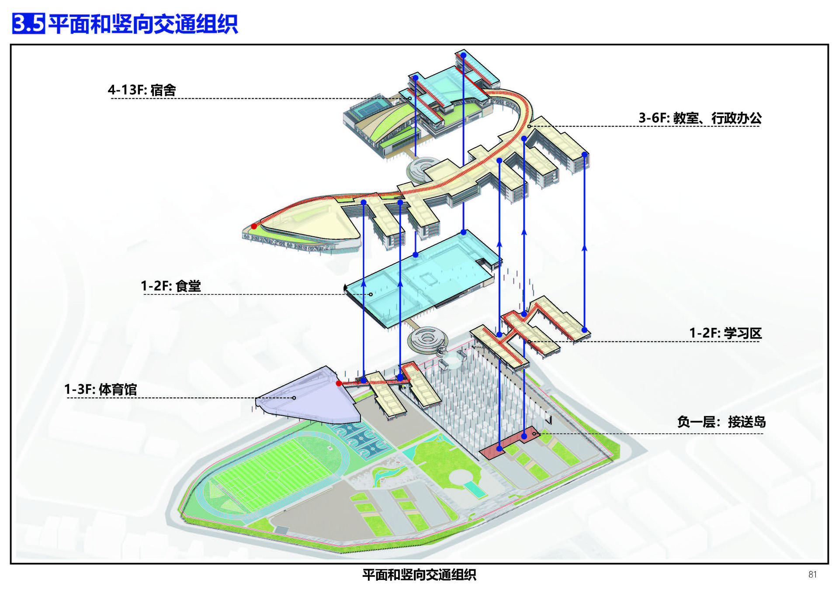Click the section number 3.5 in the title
coord(28,23)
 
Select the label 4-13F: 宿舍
coord(142,90)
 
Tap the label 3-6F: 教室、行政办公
coord(700,118)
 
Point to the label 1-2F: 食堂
coord(170,286)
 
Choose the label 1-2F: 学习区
coord(725,333)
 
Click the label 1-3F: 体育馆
coord(101,389)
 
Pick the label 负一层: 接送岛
coord(721,422)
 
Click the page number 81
coord(812,575)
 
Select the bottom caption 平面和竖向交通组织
coord(419,575)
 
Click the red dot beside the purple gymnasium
coord(339,383)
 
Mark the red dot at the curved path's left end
coord(254,226)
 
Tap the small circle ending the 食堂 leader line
coord(371,294)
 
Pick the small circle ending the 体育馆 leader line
coord(294,398)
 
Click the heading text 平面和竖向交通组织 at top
coord(143,24)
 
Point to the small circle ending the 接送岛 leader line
coord(534,434)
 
